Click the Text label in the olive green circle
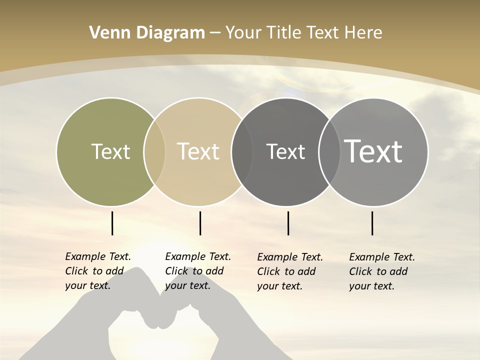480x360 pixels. [x=110, y=151]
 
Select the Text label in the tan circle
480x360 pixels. [x=198, y=151]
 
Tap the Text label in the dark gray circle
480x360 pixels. [x=285, y=151]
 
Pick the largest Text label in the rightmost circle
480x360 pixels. [x=373, y=151]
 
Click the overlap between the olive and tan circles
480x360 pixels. [x=154, y=151]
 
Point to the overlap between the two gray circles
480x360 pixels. [x=329, y=151]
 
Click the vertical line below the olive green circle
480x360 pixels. [x=112, y=223]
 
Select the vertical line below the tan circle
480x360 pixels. [x=200, y=223]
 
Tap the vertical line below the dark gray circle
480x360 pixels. [x=288, y=223]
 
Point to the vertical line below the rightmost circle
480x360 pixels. [x=372, y=223]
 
